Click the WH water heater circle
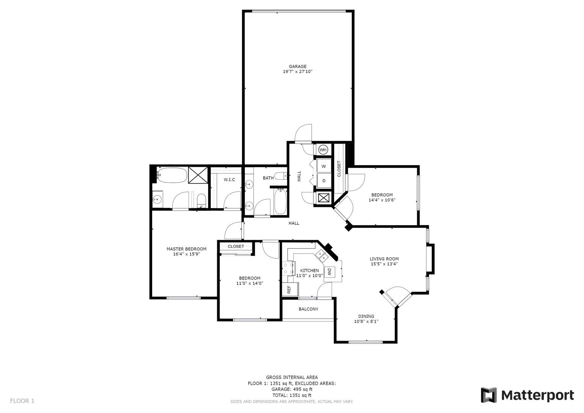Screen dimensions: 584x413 pos(323,150)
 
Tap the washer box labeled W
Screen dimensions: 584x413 pos(324,166)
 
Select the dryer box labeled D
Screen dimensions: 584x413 pos(324,180)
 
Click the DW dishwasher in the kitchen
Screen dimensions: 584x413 pos(330,272)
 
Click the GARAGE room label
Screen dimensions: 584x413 pos(298,67)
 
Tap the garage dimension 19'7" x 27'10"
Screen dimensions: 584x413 pos(298,72)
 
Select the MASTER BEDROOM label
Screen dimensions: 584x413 pos(186,249)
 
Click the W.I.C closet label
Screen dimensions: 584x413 pos(229,180)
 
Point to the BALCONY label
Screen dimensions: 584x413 pos(308,309)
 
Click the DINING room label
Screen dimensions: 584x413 pos(366,316)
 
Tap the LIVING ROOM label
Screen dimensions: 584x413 pos(384,259)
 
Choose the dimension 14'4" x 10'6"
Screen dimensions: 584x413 pos(382,200)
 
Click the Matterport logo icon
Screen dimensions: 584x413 pos(488,395)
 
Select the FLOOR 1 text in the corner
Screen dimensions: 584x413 pos(22,401)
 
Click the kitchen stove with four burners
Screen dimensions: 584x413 pos(289,268)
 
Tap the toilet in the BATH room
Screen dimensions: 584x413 pos(282,176)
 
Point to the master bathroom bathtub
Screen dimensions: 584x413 pos(172,175)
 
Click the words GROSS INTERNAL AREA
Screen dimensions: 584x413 pos(292,377)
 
